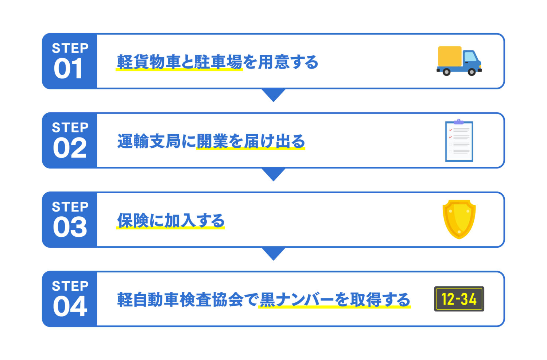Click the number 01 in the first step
(x=68, y=69)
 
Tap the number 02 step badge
(x=70, y=148)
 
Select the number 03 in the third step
(x=70, y=227)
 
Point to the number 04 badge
(x=70, y=306)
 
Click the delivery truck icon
(x=459, y=61)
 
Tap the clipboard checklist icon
(x=459, y=141)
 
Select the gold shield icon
(x=459, y=219)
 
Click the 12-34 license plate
(x=459, y=299)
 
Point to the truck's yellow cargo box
(x=450, y=56)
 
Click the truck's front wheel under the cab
(x=472, y=72)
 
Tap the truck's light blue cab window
(x=470, y=57)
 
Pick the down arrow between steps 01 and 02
(x=273, y=95)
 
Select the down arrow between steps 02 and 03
(x=273, y=174)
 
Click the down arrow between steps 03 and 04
(x=273, y=253)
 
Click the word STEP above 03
(x=70, y=207)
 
